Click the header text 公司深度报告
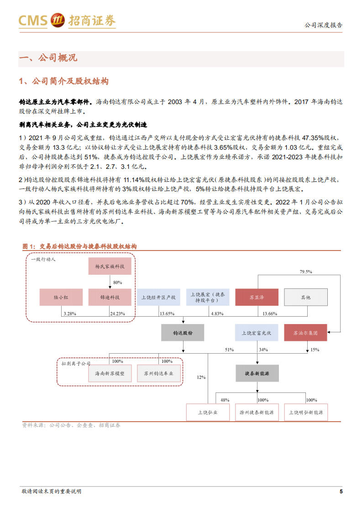coord(323,25)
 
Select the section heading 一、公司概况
coord(47,58)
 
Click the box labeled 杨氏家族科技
coord(110,266)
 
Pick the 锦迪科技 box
coord(110,297)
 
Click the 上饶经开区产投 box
coord(158,297)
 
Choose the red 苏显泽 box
coord(257,297)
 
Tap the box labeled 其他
coord(305,297)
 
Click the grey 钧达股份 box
coord(183,333)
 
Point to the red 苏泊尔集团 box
coord(305,333)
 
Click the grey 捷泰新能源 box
coord(257,373)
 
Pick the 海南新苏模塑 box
coord(110,373)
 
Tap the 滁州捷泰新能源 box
coord(257,412)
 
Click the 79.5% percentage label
coord(305,272)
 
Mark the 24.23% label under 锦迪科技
coord(117,313)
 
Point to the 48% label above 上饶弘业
coord(225,400)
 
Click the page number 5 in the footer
coord(341,491)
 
